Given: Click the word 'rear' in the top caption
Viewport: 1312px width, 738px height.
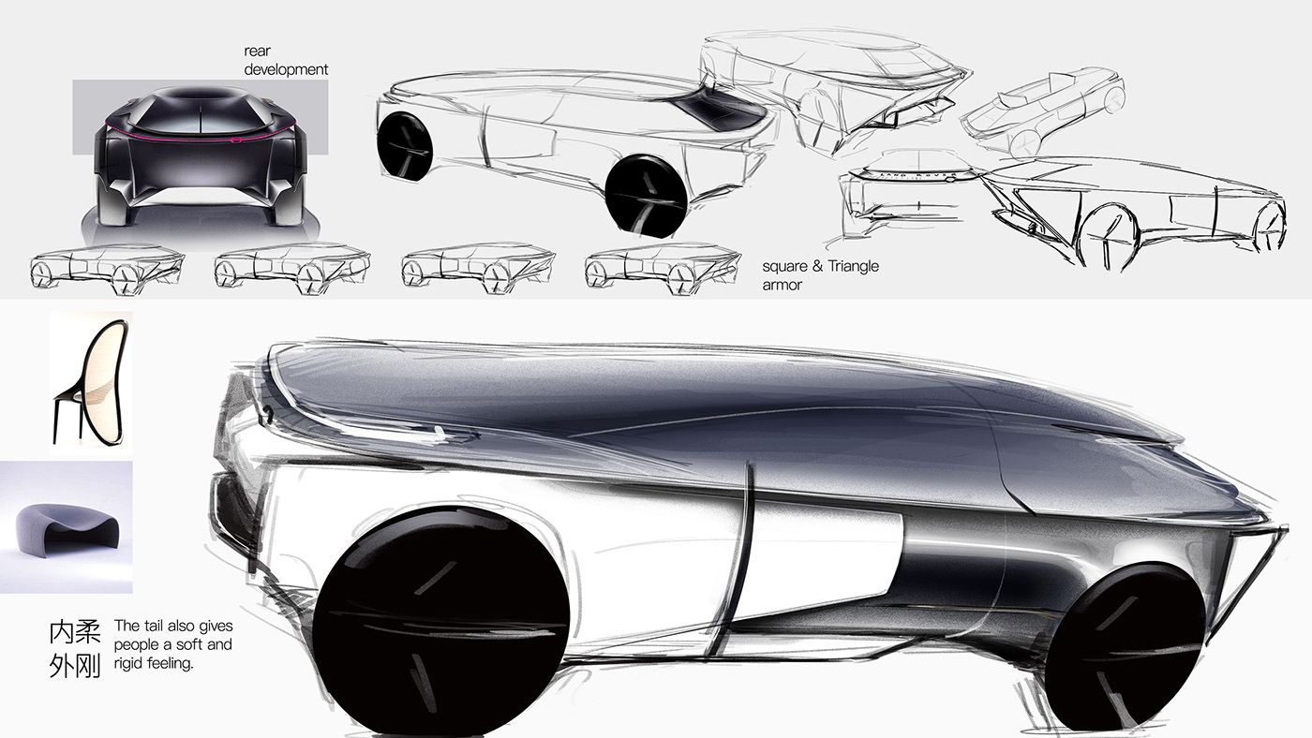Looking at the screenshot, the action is pos(258,52).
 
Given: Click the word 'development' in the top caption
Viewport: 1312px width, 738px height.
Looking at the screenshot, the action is pos(286,69).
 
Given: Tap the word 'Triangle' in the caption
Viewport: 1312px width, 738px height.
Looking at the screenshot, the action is pos(851,266).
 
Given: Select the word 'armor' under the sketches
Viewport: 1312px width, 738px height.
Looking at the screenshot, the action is pos(782,285).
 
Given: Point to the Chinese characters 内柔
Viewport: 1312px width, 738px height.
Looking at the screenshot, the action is pos(75,632).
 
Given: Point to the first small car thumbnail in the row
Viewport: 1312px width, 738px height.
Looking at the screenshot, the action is pos(106,268).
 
